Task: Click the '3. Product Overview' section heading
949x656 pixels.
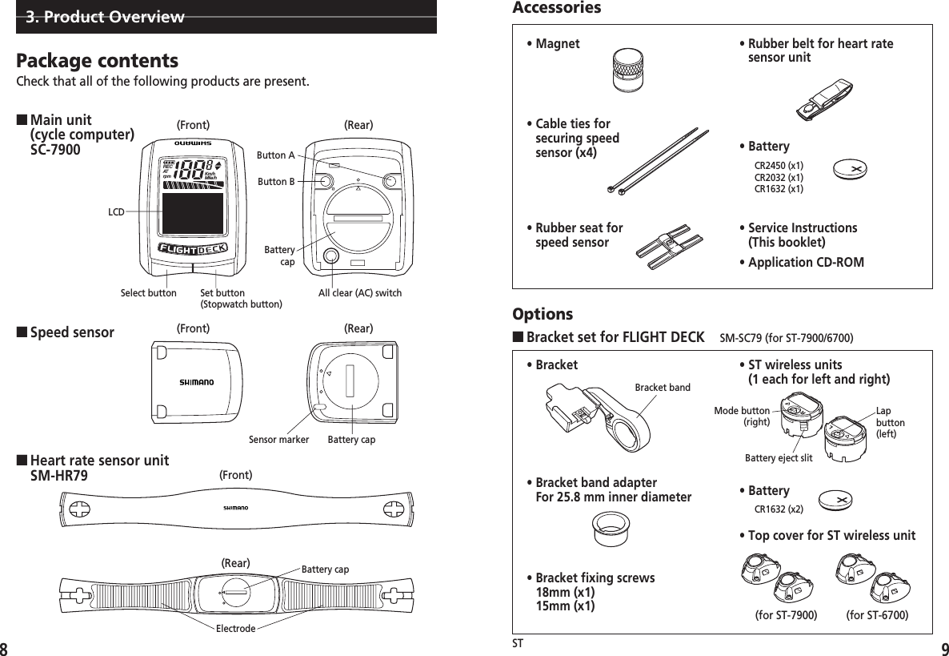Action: tap(105, 17)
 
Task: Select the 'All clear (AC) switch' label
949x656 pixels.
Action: tap(359, 293)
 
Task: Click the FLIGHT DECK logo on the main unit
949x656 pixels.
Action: tap(192, 248)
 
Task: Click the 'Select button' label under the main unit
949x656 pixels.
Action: tap(148, 293)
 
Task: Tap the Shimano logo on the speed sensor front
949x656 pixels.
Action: tap(196, 382)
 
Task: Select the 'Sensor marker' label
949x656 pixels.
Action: tap(278, 439)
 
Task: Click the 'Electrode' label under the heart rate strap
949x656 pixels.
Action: tap(235, 629)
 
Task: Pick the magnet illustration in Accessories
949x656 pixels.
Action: tap(628, 71)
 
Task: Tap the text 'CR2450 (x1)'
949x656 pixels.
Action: tap(779, 166)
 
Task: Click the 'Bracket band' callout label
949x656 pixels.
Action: tap(662, 388)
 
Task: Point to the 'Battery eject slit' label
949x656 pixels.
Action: tap(779, 458)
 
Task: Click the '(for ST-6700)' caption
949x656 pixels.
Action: tap(877, 615)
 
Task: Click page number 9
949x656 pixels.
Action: tap(939, 647)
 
